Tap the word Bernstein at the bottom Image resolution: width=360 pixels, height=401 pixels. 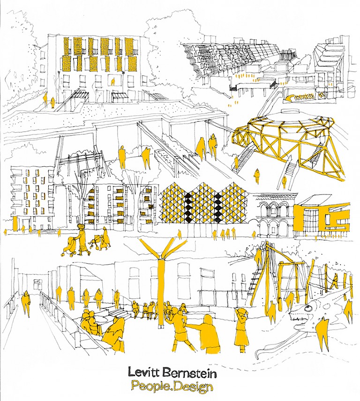click(x=189, y=372)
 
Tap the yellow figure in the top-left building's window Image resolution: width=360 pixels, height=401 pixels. click(x=113, y=82)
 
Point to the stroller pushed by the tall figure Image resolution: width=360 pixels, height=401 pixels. click(x=68, y=246)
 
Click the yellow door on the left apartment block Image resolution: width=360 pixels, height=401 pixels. click(x=15, y=223)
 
